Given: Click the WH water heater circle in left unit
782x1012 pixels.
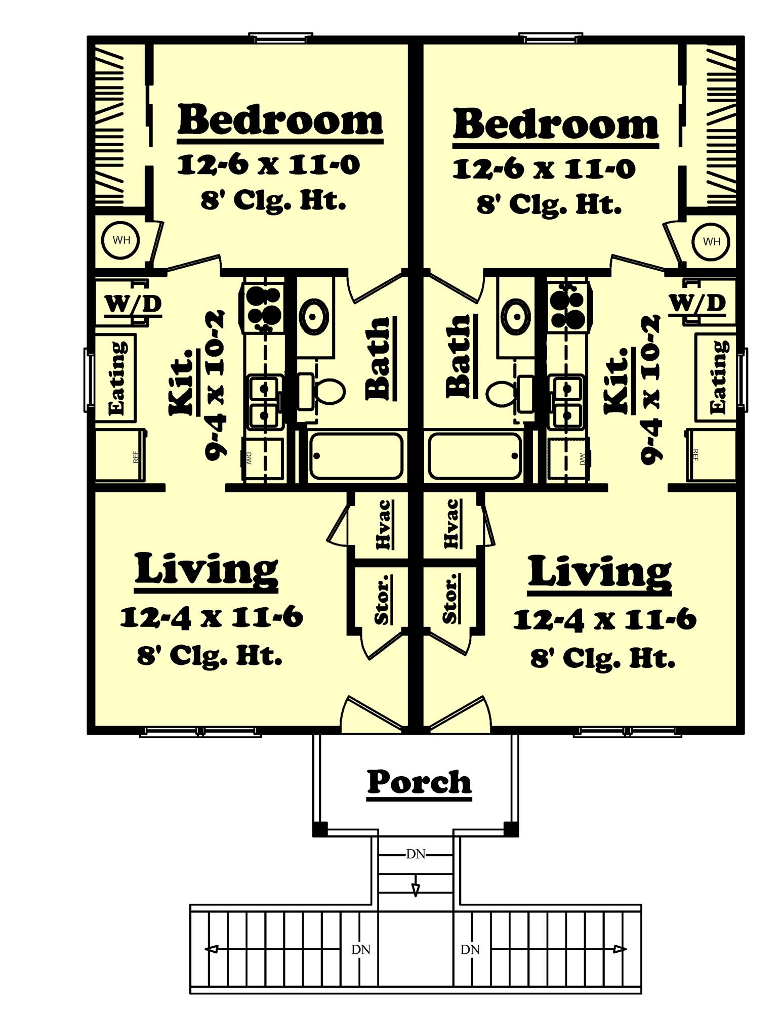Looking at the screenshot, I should click(121, 240).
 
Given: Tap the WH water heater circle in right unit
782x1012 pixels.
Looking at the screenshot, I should click(711, 242).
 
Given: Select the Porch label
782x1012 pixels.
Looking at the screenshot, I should click(419, 782).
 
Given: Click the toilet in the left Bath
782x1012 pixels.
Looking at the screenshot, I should click(328, 391).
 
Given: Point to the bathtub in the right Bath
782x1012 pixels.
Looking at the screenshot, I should click(475, 455).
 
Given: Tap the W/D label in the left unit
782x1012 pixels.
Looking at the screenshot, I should click(133, 304).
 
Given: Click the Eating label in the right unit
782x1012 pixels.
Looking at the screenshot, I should click(718, 377).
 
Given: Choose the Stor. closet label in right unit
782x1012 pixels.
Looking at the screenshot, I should click(449, 598).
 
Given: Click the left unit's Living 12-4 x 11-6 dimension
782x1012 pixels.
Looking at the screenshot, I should click(212, 617).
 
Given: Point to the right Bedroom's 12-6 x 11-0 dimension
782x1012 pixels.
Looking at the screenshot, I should click(544, 168).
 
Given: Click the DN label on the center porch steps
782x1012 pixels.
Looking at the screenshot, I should click(416, 854).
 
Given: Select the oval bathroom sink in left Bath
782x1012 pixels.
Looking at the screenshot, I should click(314, 316).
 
